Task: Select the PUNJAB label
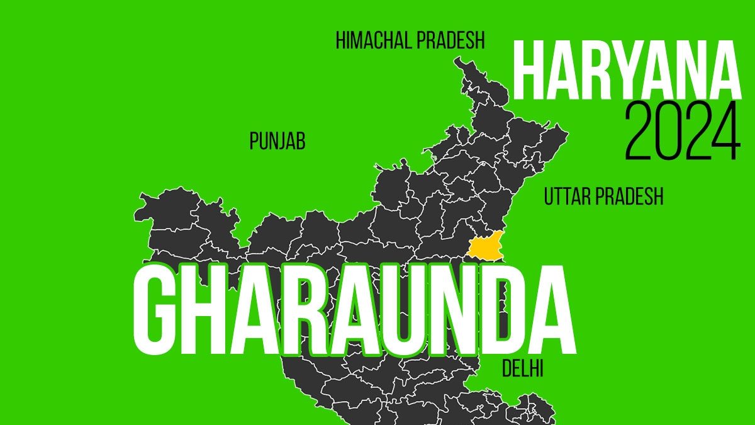click(x=277, y=142)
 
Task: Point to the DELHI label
click(x=522, y=369)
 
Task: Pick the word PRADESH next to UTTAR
click(x=633, y=197)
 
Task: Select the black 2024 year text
click(x=682, y=132)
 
